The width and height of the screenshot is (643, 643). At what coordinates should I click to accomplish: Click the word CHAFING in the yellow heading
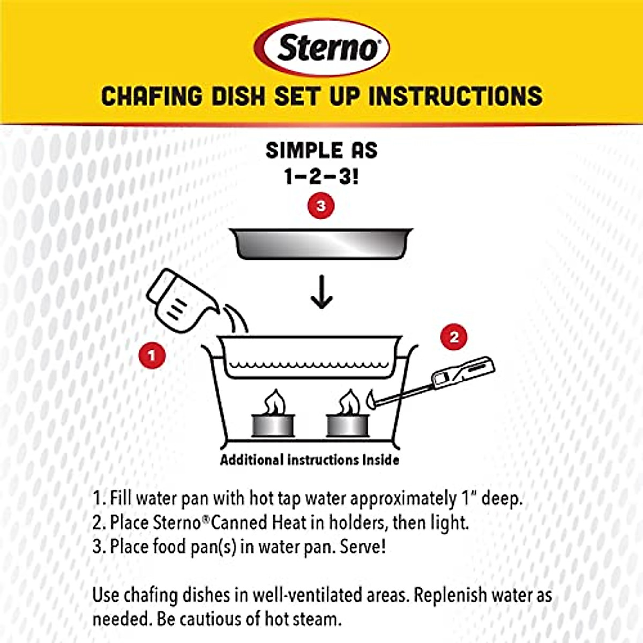click(x=152, y=96)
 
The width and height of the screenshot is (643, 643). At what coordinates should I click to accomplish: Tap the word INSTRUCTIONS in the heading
click(x=455, y=96)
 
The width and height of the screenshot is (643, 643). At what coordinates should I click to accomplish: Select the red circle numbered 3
click(x=321, y=206)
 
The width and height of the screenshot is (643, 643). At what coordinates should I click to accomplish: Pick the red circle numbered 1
click(x=152, y=355)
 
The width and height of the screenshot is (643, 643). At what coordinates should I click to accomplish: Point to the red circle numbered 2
click(x=454, y=337)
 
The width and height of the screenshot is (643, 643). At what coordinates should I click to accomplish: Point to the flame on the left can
click(x=275, y=402)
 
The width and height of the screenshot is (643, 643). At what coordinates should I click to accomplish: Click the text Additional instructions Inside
click(x=310, y=460)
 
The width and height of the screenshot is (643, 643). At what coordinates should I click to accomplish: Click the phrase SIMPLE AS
click(x=322, y=151)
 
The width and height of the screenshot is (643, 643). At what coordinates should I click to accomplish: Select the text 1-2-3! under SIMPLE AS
click(x=322, y=176)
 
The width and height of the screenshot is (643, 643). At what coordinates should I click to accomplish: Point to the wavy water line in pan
click(x=308, y=366)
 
